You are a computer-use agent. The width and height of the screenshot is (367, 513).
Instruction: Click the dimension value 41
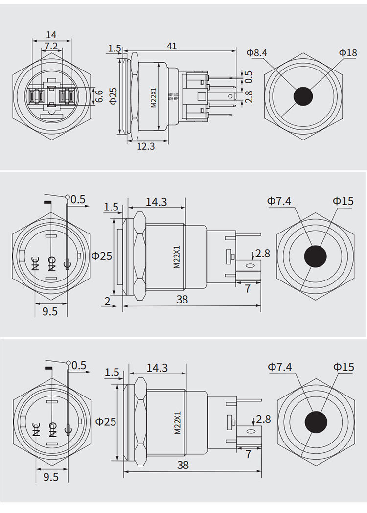point(171,46)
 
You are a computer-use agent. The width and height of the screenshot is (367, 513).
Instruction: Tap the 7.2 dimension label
point(51,46)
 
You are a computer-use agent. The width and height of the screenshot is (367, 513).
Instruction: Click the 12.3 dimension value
point(146,146)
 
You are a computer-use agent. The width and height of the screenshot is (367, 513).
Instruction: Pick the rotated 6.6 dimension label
point(99,96)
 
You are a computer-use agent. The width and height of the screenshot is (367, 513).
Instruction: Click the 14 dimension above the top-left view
point(51,35)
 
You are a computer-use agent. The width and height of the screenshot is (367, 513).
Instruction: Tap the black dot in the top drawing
point(303,96)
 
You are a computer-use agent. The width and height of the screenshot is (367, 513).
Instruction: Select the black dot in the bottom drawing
point(316,422)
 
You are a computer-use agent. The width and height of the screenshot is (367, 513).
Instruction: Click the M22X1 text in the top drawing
point(154,95)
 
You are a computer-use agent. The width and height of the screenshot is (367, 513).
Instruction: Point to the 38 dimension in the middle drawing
point(182,300)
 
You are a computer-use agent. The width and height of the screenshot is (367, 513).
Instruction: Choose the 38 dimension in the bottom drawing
point(183,465)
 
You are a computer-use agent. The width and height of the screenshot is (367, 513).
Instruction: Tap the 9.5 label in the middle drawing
point(50,311)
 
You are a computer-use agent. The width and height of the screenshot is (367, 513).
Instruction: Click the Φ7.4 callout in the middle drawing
point(279,201)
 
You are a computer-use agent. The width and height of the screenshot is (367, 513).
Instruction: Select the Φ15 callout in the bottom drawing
point(344,367)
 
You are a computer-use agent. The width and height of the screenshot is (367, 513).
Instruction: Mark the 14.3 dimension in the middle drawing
point(157,202)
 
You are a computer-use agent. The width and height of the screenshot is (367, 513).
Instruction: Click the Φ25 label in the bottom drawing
point(106,421)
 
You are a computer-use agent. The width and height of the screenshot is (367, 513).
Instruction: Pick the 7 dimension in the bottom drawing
point(248,454)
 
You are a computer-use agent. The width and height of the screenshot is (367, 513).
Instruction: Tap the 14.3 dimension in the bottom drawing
point(157,368)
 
